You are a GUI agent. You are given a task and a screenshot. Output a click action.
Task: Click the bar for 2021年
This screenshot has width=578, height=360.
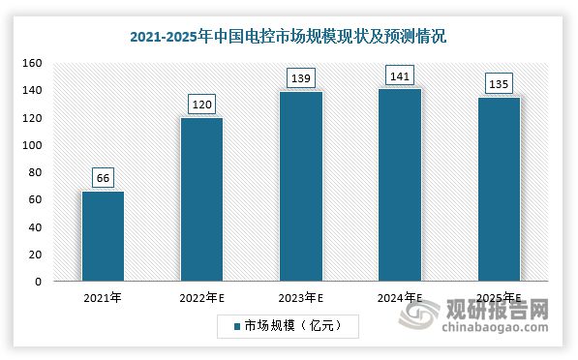tap(103, 236)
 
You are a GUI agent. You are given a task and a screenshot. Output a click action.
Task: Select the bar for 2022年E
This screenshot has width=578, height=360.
tap(201, 199)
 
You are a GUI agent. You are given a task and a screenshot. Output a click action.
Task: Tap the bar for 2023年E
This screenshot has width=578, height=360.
tap(300, 186)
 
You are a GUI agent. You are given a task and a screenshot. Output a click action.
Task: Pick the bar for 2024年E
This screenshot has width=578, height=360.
tap(400, 185)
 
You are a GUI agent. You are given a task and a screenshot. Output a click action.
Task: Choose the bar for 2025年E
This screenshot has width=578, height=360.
tap(499, 189)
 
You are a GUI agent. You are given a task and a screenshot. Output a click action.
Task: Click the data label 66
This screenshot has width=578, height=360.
tap(103, 177)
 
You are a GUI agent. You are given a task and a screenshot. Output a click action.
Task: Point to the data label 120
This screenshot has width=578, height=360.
tap(201, 104)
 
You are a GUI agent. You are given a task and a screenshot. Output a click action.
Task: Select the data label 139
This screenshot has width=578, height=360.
tap(300, 76)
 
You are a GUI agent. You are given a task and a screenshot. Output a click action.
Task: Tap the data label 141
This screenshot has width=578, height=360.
tap(400, 75)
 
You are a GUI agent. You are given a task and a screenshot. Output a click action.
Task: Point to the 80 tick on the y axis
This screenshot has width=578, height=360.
tap(35, 172)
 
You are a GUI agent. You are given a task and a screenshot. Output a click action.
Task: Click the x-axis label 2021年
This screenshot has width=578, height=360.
tap(103, 299)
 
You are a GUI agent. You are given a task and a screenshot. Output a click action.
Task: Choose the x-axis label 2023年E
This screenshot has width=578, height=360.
tap(300, 299)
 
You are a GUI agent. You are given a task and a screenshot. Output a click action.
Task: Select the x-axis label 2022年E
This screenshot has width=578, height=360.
tap(201, 299)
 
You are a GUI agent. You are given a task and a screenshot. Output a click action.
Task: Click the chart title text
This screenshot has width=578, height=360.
tap(289, 37)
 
